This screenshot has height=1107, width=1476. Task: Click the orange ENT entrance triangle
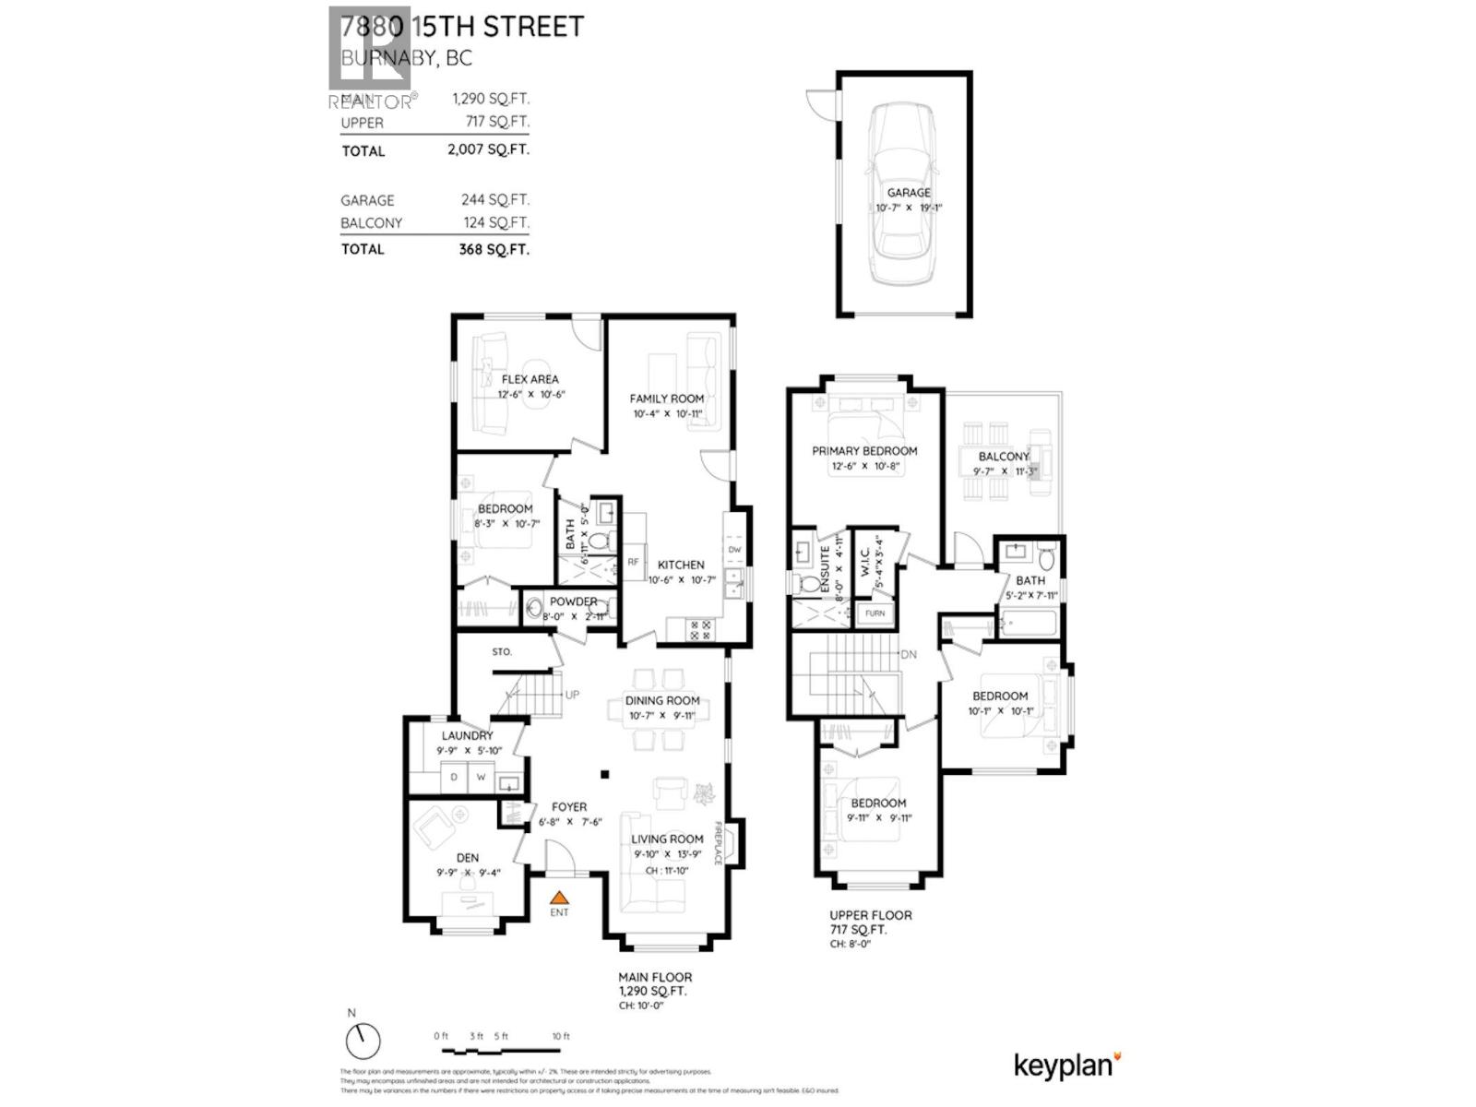tap(559, 897)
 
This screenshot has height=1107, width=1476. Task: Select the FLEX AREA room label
tap(530, 379)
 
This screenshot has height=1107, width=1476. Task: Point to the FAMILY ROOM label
tap(666, 399)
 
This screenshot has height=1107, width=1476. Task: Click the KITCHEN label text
tap(681, 565)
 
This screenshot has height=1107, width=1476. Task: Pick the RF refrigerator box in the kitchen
tap(634, 562)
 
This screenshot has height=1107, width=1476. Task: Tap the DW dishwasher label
tap(734, 550)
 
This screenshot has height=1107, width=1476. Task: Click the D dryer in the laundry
tap(454, 778)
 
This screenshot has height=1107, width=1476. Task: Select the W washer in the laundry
tap(481, 778)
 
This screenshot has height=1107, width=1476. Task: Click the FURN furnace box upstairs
tap(875, 613)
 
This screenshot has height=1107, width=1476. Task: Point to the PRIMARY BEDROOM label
tap(864, 451)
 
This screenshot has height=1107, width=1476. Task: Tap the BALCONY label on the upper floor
tap(1003, 457)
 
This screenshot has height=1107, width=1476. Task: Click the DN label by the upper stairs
tap(909, 655)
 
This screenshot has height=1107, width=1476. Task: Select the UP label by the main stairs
tap(572, 695)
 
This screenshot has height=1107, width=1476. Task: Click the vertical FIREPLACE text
tap(718, 843)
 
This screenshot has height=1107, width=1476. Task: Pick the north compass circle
tap(363, 1041)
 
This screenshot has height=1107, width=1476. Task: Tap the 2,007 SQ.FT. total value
tap(488, 149)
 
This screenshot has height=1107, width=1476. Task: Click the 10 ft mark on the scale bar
tap(561, 1037)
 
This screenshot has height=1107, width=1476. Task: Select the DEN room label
tap(468, 858)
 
